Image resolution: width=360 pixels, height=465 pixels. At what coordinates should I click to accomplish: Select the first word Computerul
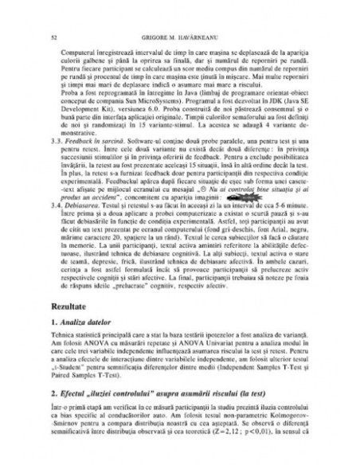(75, 50)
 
